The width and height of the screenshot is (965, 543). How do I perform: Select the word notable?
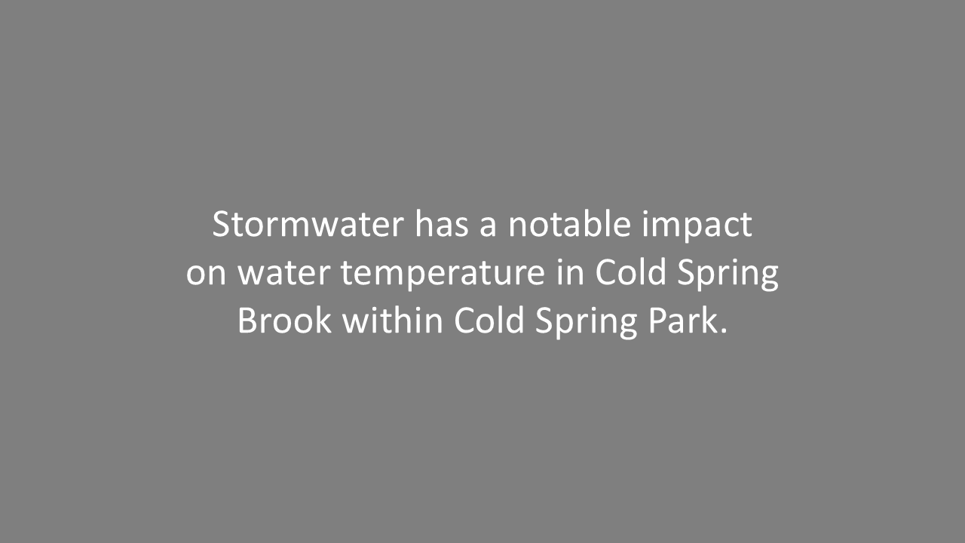(x=569, y=225)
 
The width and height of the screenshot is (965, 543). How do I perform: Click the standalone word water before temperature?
(x=284, y=273)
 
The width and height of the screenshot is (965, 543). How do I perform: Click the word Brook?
(x=284, y=321)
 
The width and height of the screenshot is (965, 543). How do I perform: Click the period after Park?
(x=724, y=332)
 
